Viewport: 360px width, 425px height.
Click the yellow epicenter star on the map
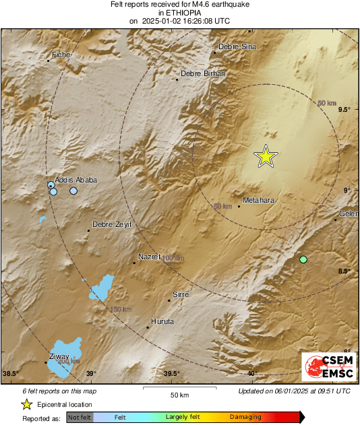tap(266, 156)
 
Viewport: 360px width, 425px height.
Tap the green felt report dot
tap(303, 259)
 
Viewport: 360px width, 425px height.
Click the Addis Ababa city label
tap(76, 180)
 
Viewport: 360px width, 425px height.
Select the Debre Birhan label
tap(203, 74)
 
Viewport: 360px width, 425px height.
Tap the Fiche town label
tap(61, 54)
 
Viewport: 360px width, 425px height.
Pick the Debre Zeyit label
tap(112, 224)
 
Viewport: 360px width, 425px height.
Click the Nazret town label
tap(150, 257)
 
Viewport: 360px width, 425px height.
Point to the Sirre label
tap(181, 294)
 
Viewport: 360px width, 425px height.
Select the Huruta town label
tap(162, 321)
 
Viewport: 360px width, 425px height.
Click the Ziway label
tap(59, 356)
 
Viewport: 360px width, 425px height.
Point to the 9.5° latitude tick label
tap(344, 109)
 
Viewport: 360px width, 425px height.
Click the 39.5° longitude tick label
tap(171, 374)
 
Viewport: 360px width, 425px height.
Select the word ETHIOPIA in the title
tap(179, 12)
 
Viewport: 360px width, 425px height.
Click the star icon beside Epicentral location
tap(26, 404)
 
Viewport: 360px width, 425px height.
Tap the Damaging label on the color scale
tap(245, 418)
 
